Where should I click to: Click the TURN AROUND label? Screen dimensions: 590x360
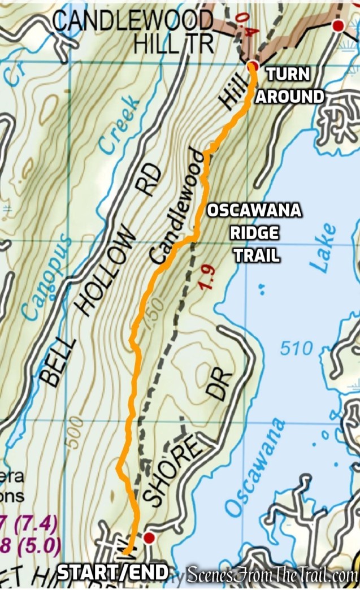(290, 85)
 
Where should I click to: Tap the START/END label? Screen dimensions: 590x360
(113, 572)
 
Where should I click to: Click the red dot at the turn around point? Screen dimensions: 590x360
(252, 66)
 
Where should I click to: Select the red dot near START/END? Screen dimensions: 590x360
(149, 537)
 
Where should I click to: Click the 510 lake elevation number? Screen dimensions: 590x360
(296, 349)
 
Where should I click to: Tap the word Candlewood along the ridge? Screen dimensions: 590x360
(175, 206)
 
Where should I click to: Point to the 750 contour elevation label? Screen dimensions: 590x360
(153, 311)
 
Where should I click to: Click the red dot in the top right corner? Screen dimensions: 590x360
(338, 25)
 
